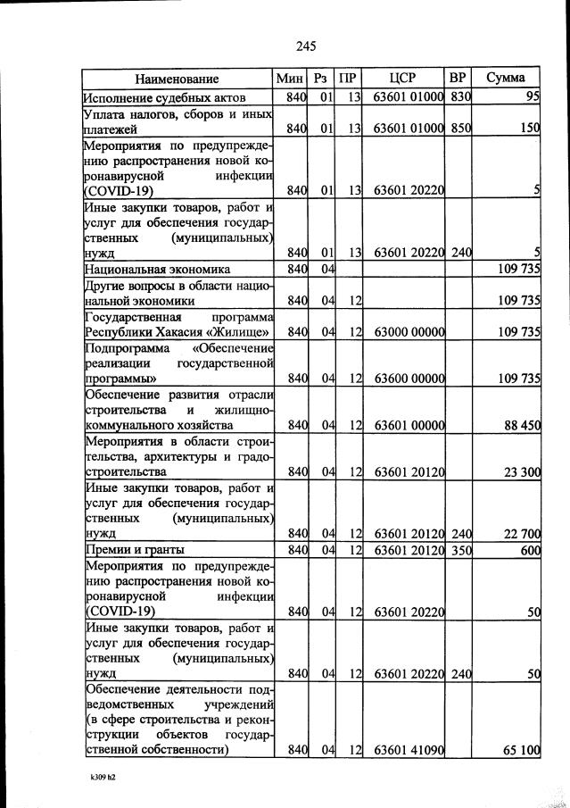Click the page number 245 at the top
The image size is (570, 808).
click(305, 46)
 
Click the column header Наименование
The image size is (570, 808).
click(178, 79)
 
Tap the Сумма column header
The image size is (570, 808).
click(506, 79)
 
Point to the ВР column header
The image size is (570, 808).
click(458, 79)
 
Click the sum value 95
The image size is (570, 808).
click(533, 97)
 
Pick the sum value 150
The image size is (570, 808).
click(530, 129)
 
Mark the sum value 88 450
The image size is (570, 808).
click(522, 425)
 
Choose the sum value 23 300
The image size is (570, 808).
click(522, 471)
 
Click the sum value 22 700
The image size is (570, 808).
click(522, 534)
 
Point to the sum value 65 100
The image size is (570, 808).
click(522, 751)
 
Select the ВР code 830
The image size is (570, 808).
click(459, 97)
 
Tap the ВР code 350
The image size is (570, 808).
click(459, 550)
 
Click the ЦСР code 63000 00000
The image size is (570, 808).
click(409, 332)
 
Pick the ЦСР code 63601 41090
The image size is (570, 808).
click(409, 751)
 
